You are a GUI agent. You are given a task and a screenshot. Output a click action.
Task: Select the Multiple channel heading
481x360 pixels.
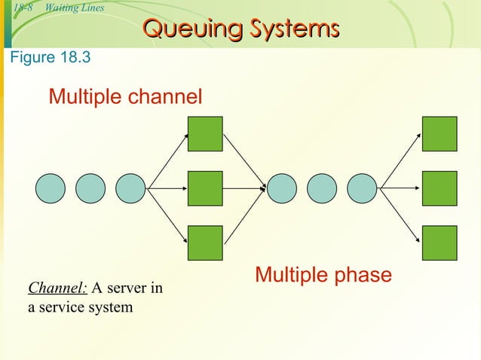coord(125,96)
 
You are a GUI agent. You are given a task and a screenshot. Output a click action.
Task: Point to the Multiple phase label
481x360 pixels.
coord(323,275)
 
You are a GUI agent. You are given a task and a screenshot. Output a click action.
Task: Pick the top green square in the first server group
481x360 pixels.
coord(205,134)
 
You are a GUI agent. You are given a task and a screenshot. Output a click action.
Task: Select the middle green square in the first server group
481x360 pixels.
coord(205,188)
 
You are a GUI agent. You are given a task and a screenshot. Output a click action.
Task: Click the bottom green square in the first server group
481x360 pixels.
coord(205,243)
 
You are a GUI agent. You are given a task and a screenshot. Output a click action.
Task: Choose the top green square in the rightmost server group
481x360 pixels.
coord(440,134)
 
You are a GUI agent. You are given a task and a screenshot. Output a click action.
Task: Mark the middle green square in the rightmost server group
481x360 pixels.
coord(440,188)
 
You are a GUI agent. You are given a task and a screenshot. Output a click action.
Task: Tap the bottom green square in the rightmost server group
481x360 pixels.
coord(440,243)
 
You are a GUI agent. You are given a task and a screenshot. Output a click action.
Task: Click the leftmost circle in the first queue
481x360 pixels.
coord(51,188)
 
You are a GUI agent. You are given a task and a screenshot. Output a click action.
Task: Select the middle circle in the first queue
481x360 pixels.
coord(90,188)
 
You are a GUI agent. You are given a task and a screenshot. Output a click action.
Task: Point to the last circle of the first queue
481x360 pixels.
coord(130,188)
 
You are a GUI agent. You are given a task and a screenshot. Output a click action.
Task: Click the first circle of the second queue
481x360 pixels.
coord(283,188)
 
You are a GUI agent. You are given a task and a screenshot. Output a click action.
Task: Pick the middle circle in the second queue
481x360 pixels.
coord(322,188)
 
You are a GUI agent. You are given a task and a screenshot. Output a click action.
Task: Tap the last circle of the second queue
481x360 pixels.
coord(362,188)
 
